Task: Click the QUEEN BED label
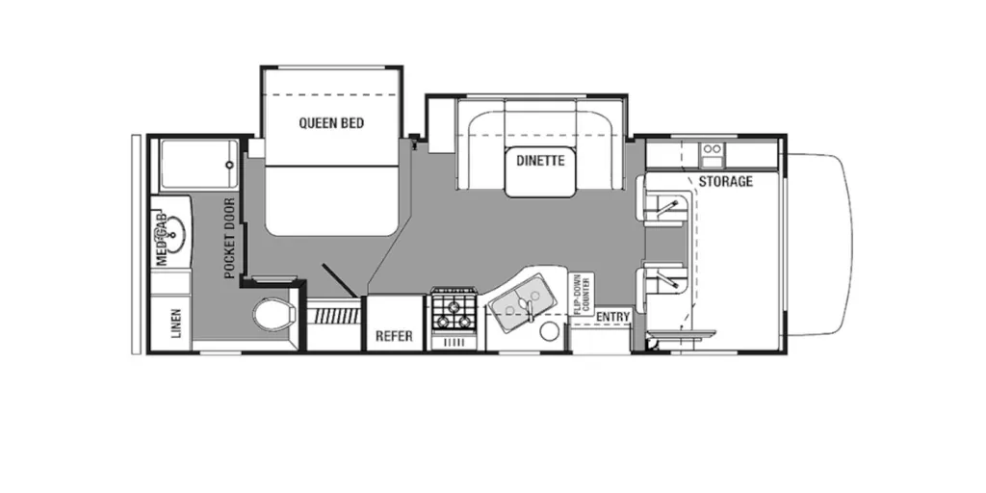331,122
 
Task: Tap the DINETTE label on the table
540,161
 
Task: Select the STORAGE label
725,182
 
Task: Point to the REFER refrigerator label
394,336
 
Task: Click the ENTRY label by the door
612,317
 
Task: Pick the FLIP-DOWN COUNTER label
581,294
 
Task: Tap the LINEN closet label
176,323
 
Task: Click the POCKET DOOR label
229,239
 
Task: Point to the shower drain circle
229,165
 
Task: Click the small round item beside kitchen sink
551,331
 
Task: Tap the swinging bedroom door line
340,280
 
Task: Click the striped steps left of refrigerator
333,316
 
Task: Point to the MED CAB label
162,239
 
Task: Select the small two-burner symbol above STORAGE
714,153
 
